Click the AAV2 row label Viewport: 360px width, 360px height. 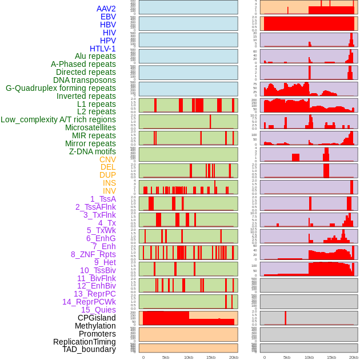[106, 9]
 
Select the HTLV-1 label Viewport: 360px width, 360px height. [102, 49]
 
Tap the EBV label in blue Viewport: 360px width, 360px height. [107, 17]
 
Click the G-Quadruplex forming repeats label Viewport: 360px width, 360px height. [61, 88]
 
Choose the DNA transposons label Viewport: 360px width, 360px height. [84, 80]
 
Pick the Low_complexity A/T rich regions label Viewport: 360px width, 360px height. [58, 119]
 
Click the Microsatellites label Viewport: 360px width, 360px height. [90, 127]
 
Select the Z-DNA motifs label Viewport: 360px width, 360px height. [92, 151]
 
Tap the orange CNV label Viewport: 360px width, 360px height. [107, 159]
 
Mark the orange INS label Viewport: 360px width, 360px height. [109, 183]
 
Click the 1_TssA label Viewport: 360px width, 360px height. [103, 199]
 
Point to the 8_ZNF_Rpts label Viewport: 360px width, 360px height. [93, 254]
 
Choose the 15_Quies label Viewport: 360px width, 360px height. [98, 310]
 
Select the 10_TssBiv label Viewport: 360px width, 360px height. [98, 270]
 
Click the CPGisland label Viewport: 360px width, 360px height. [97, 318]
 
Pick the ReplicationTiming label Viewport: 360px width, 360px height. [84, 342]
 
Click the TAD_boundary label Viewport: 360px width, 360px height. [89, 349]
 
